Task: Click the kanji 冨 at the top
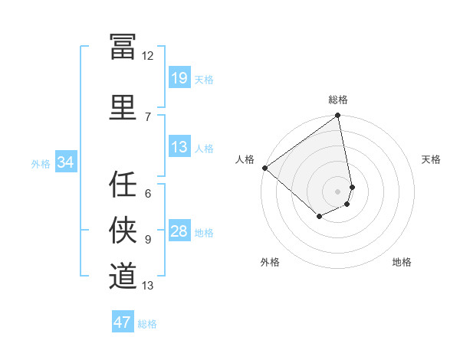click(x=123, y=47)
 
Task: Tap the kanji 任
click(x=123, y=185)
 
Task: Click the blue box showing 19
click(x=179, y=78)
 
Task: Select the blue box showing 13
click(x=179, y=147)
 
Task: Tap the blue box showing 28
click(x=179, y=231)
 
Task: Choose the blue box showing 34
click(x=65, y=162)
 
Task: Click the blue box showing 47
click(x=123, y=322)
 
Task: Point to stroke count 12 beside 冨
click(x=147, y=55)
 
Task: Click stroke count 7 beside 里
click(x=147, y=116)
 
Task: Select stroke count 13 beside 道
click(x=147, y=286)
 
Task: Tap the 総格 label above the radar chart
click(x=338, y=100)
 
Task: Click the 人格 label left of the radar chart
click(x=245, y=159)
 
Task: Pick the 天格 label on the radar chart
click(x=432, y=159)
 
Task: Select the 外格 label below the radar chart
click(x=270, y=262)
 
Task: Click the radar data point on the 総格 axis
click(x=338, y=116)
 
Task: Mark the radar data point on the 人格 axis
click(x=264, y=168)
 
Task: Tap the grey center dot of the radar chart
click(x=338, y=191)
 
